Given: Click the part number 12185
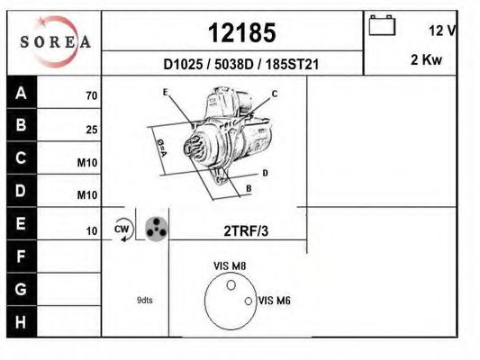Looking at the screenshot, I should (x=240, y=33).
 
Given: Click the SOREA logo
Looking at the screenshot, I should (x=56, y=42).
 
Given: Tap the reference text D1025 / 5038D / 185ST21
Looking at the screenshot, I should (x=241, y=65).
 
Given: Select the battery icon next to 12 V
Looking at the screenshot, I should (x=383, y=27).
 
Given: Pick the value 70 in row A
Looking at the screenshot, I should (x=91, y=95).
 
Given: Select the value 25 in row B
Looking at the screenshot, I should (x=91, y=130).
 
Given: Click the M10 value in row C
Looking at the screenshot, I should (x=87, y=163).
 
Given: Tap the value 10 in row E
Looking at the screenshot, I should (x=91, y=231).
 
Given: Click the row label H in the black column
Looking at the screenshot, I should (x=21, y=321).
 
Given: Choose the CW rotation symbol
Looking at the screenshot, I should (x=122, y=230).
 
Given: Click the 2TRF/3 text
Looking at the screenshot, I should (x=245, y=231).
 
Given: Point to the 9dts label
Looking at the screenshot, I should (x=144, y=300).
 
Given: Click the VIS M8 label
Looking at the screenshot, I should (x=230, y=265).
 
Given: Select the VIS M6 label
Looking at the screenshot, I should (x=274, y=301).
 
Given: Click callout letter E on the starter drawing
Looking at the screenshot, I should (x=166, y=93).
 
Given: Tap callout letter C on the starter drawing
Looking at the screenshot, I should (x=275, y=94).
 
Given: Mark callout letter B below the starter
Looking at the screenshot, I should (x=249, y=188).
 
